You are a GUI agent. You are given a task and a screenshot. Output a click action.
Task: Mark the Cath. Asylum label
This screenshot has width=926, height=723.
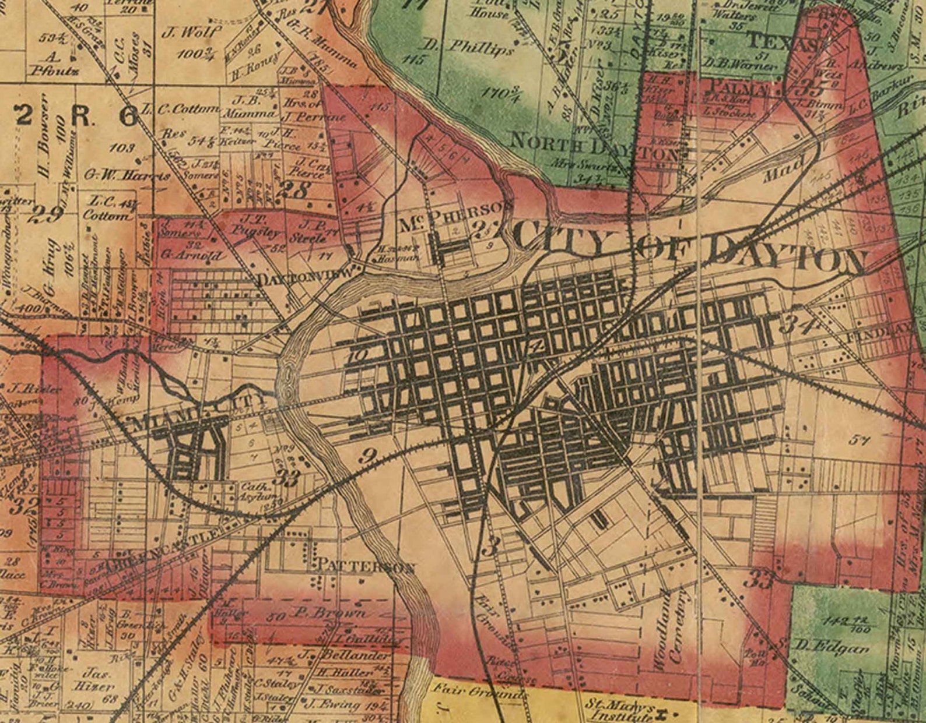click(254, 492)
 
